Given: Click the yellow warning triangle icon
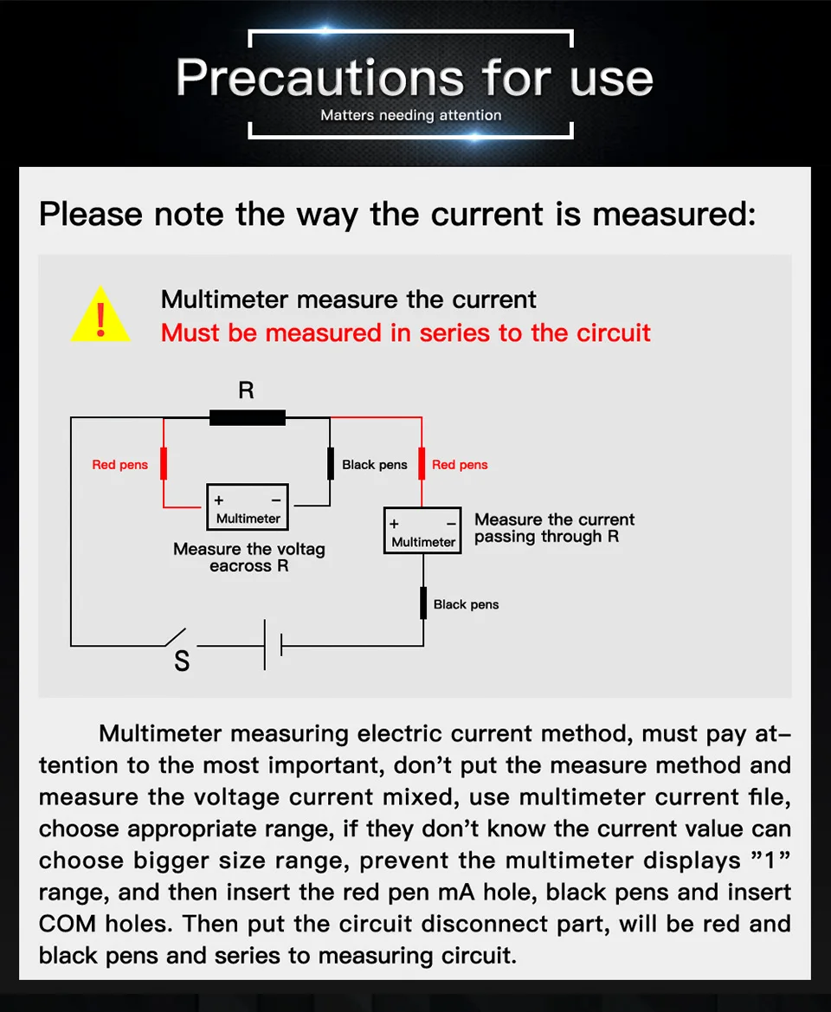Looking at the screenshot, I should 100,316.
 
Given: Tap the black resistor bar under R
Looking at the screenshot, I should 247,417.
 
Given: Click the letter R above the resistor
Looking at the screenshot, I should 247,390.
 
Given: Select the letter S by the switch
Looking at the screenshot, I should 182,661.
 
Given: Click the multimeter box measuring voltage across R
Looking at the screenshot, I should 248,507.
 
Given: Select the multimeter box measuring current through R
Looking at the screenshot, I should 422,531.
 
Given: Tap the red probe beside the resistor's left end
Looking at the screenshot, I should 164,464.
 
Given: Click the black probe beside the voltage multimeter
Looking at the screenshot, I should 330,464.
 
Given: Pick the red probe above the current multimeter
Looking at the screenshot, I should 422,464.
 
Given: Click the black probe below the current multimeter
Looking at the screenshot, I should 423,603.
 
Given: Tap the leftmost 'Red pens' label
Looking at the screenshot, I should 120,465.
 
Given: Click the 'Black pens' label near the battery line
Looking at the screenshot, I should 466,604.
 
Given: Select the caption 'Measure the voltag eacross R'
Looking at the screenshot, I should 249,558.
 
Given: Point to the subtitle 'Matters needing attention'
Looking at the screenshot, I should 410,115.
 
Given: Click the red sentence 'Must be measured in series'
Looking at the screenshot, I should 405,332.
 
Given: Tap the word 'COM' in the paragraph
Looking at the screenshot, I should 68,924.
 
